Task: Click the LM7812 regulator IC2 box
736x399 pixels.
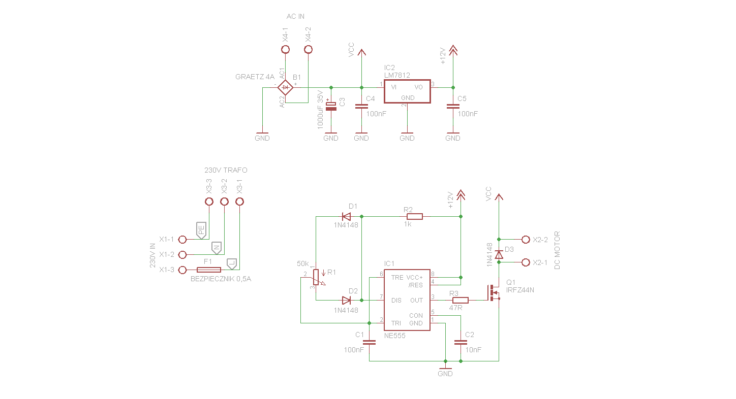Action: (407, 91)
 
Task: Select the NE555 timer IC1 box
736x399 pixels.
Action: (407, 300)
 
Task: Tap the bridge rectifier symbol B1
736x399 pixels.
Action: (286, 87)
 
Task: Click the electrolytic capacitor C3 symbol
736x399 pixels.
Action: (331, 106)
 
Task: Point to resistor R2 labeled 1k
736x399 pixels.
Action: (414, 217)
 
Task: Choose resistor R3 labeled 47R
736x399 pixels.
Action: (460, 301)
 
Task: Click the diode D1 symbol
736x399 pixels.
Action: (347, 217)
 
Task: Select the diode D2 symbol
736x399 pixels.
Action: (347, 301)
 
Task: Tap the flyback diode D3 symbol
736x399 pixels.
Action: (499, 254)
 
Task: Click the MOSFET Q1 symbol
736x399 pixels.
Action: (493, 293)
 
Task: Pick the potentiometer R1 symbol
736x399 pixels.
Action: (316, 277)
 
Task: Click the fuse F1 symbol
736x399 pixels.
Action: (205, 270)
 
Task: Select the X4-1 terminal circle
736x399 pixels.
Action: (285, 49)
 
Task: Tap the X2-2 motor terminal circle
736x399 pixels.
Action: (526, 239)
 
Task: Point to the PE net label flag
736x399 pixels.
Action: (202, 230)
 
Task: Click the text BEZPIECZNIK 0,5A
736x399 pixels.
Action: (221, 279)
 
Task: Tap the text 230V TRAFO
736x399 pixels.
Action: (226, 170)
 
